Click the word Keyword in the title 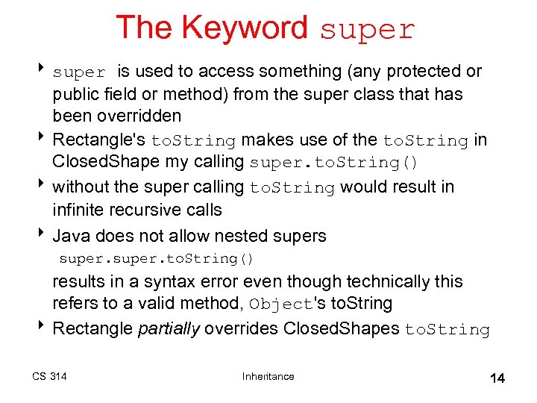[x=245, y=28]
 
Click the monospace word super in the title [x=367, y=29]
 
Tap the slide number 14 [x=497, y=378]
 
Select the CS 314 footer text [x=49, y=376]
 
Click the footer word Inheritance [x=268, y=376]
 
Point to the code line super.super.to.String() [x=157, y=259]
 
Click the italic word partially [x=169, y=329]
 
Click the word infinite [x=78, y=210]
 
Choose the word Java [x=71, y=236]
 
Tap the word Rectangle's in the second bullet [x=100, y=140]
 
